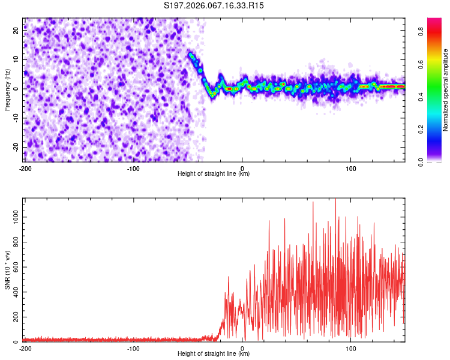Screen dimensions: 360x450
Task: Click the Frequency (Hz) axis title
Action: [7, 90]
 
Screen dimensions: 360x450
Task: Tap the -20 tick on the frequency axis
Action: [16, 147]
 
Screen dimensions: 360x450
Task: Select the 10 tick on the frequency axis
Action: [17, 60]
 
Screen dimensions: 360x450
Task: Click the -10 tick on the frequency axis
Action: [16, 118]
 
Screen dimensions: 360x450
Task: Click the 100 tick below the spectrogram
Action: [351, 168]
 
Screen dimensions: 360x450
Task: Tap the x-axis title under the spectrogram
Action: [214, 174]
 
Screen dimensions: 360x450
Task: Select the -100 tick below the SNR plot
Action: [133, 348]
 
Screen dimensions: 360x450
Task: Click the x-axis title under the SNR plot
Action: [214, 354]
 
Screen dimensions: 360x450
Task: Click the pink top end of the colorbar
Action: [434, 21]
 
